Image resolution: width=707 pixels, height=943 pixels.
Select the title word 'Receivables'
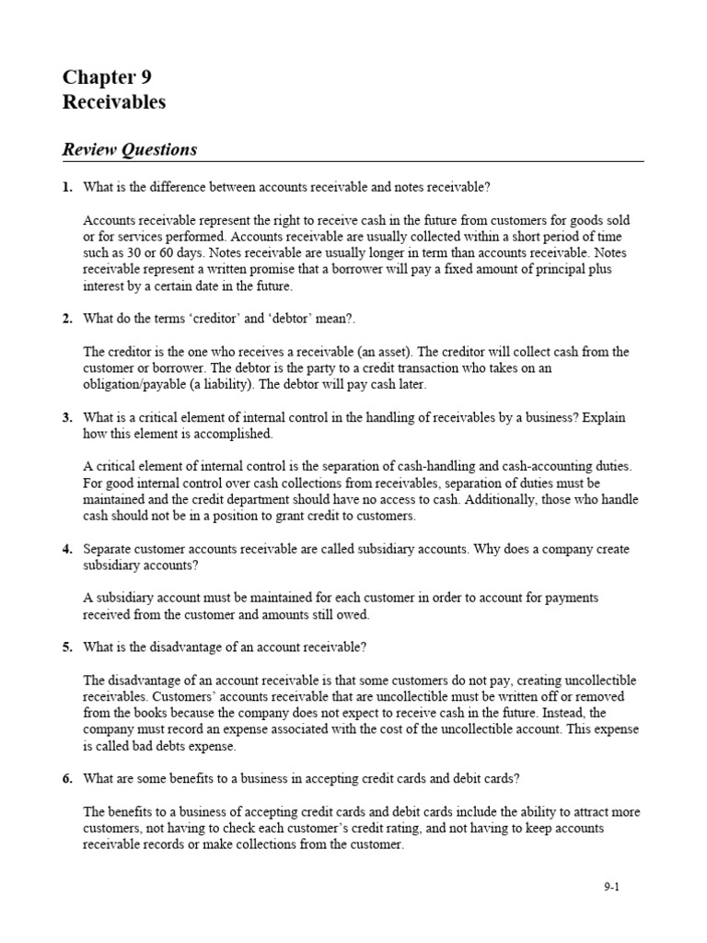pos(114,102)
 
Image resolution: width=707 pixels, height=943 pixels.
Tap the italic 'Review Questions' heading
pos(129,149)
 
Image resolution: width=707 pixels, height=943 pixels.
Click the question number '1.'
pos(67,187)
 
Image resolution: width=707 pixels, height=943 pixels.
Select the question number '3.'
pos(67,417)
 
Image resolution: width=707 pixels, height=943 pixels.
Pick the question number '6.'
pos(67,778)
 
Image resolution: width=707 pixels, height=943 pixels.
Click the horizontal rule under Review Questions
pos(353,161)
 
